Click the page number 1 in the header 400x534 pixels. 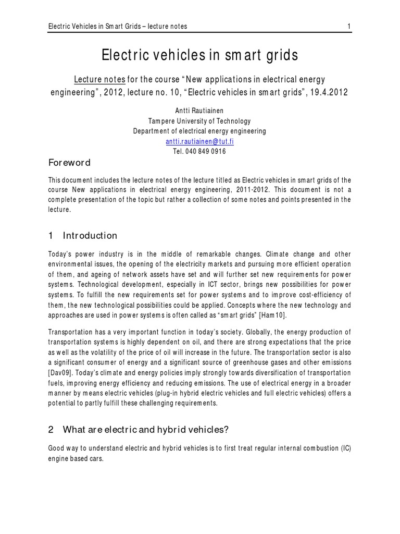tap(348, 26)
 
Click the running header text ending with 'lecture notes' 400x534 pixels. tap(117, 26)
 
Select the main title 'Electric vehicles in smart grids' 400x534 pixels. tap(199, 55)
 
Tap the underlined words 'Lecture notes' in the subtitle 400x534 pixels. tap(99, 79)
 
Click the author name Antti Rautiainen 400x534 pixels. tap(199, 111)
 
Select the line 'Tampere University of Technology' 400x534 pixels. tap(199, 121)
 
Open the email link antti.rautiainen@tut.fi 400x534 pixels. tap(199, 141)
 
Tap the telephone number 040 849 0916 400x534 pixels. tap(207, 151)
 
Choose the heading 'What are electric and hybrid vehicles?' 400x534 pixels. tap(145, 430)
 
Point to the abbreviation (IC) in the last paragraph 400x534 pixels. tap(344, 448)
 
